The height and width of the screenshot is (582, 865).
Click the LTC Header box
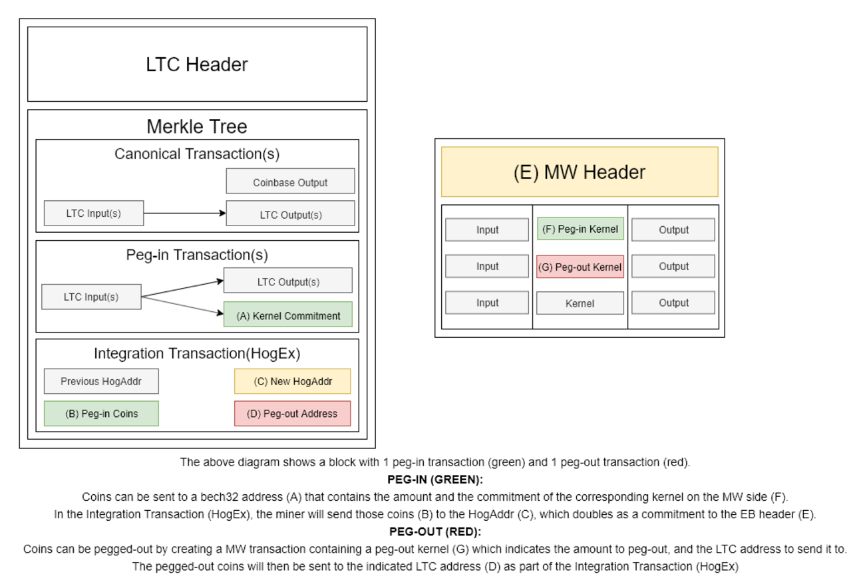(197, 65)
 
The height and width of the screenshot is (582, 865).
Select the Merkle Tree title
(197, 126)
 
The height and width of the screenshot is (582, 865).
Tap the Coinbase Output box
(290, 182)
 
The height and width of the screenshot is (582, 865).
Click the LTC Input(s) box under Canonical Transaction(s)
(93, 214)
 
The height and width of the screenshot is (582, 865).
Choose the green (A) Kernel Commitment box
(287, 315)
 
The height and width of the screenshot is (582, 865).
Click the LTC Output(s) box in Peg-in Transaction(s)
(287, 281)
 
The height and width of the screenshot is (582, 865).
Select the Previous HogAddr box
(101, 381)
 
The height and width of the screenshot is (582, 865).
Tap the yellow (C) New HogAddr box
(292, 381)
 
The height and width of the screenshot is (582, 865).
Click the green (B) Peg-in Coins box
(101, 413)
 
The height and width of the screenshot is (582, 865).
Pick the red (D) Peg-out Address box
(292, 413)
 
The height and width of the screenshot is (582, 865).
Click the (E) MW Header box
(579, 172)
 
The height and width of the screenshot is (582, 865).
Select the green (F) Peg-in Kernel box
(580, 229)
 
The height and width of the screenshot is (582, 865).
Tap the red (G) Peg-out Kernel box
(580, 267)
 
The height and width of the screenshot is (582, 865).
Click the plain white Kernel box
(580, 303)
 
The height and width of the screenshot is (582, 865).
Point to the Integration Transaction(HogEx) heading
(197, 353)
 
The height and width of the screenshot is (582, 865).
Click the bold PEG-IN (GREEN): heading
(434, 479)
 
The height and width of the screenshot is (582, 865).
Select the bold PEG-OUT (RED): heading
(434, 532)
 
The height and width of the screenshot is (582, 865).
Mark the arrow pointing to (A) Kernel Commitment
(182, 306)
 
